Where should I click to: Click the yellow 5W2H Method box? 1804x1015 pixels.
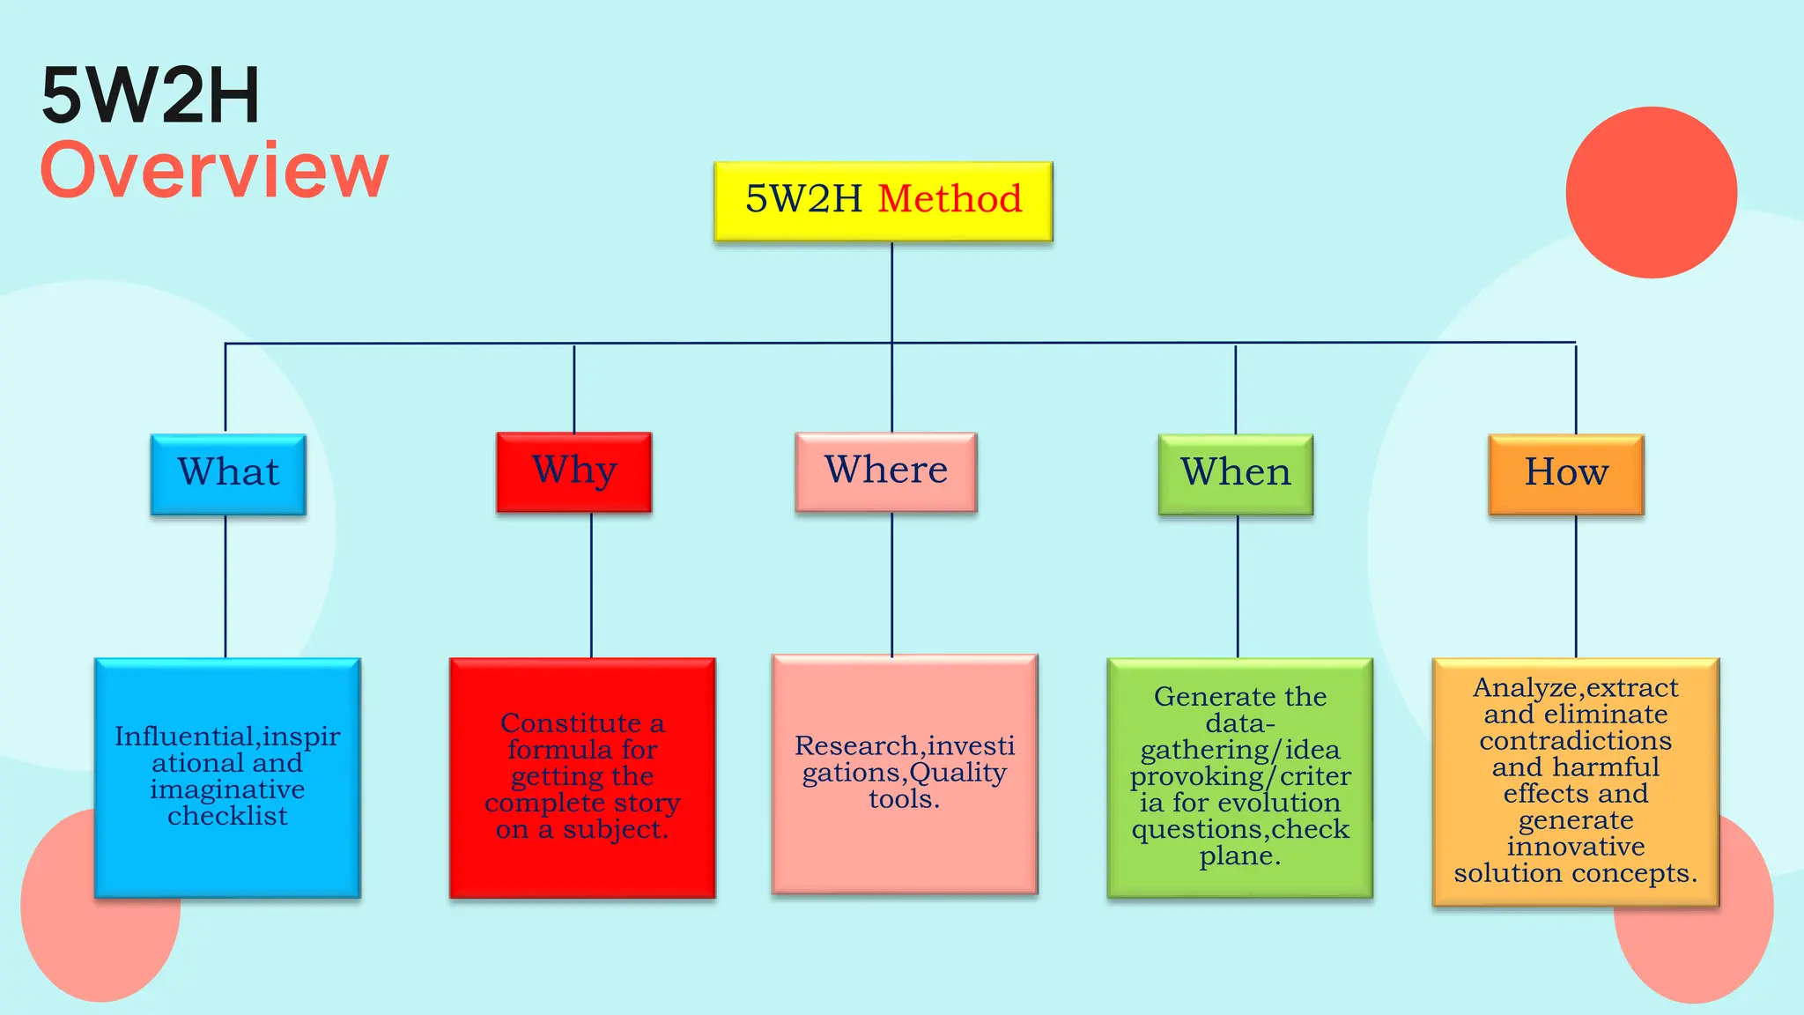click(883, 201)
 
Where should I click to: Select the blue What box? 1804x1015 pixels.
click(228, 474)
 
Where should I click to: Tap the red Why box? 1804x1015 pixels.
click(573, 471)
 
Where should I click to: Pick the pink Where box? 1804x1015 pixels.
click(885, 471)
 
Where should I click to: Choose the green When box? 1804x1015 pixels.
click(1235, 474)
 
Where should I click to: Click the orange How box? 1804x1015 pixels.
click(1565, 474)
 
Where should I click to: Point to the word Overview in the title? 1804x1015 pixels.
click(214, 170)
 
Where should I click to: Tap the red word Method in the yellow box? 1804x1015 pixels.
click(950, 199)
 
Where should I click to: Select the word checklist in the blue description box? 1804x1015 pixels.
click(227, 816)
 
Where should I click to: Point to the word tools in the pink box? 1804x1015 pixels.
click(902, 799)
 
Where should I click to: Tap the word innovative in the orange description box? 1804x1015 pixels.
click(1575, 847)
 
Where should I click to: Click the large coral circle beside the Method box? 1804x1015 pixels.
click(1651, 192)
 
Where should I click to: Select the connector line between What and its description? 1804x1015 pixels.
click(225, 586)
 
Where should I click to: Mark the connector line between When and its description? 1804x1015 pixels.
click(1238, 586)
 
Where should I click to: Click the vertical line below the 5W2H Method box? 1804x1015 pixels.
click(891, 291)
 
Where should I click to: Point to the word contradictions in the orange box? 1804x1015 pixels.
click(1575, 741)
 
